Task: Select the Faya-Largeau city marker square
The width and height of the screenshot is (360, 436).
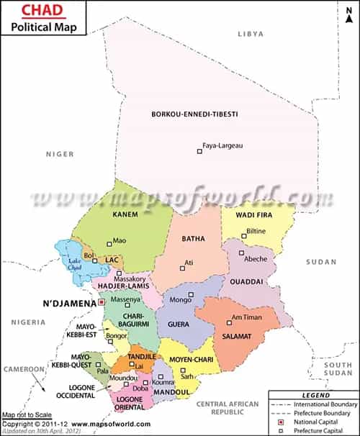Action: tap(199, 151)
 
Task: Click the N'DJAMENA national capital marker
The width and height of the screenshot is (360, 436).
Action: tap(102, 301)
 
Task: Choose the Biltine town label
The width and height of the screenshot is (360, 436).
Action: tap(256, 231)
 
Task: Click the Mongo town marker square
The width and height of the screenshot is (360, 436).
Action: tap(192, 294)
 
